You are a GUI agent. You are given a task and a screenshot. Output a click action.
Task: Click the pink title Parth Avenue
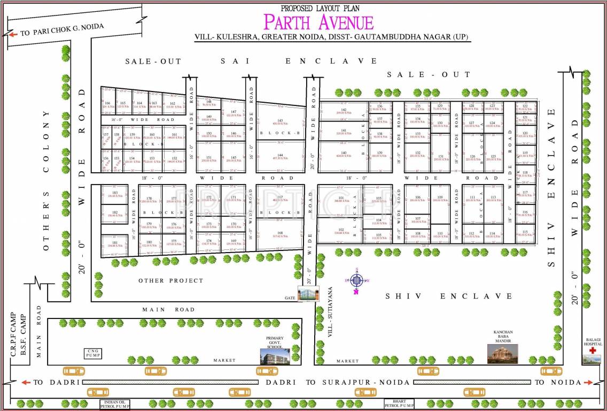pos(318,22)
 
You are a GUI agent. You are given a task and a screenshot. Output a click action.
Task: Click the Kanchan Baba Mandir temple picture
pos(502,353)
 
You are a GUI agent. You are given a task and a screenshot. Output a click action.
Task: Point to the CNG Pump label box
pos(91,353)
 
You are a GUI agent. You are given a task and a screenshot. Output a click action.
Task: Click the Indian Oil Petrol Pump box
pos(114,404)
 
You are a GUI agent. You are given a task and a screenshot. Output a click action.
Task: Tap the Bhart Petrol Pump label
pos(399,403)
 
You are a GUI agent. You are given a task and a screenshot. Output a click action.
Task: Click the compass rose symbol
pos(357,280)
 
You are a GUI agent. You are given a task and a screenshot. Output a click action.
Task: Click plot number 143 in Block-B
pos(280,121)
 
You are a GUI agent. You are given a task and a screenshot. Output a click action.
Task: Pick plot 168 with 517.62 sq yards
pos(280,234)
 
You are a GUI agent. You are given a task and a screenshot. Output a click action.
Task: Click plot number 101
pos(341,199)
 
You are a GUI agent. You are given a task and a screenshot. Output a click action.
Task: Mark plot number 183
pos(114,194)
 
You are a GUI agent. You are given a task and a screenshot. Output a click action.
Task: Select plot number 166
pos(108,104)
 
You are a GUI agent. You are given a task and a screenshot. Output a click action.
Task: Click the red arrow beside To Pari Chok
pos(13,34)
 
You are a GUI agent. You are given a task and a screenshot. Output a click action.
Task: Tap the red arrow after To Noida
pos(588,382)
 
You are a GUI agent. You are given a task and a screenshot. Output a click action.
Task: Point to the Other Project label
pos(171,280)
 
